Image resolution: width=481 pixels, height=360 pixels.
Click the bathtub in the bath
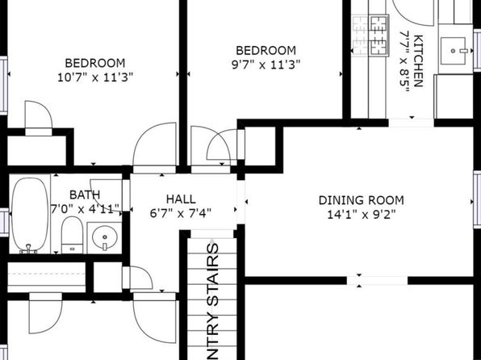[x=30, y=214]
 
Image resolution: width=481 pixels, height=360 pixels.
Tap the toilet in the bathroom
[x=72, y=235]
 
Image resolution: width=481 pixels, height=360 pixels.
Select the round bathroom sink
[x=105, y=238]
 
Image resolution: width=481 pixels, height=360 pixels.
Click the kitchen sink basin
[x=453, y=51]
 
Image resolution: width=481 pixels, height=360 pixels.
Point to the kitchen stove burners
[x=370, y=36]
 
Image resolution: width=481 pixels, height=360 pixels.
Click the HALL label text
[x=181, y=199]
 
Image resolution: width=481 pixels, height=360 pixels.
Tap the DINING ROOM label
[x=361, y=200]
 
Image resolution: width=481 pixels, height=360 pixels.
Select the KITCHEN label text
[x=418, y=61]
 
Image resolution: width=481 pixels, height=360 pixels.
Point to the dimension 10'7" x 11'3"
[x=95, y=77]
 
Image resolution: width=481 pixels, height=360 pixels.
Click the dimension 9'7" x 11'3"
[x=266, y=65]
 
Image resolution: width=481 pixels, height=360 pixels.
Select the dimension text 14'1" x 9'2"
[x=362, y=215]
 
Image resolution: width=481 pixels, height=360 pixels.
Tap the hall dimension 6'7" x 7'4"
[x=181, y=213]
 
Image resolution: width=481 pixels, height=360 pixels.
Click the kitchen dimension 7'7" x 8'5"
[x=404, y=61]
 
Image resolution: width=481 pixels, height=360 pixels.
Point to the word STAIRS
[x=213, y=274]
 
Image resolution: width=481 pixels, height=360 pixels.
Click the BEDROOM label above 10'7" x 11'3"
[x=95, y=63]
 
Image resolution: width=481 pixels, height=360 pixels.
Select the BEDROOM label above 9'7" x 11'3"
[x=266, y=50]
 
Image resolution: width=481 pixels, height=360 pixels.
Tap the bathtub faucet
[x=28, y=249]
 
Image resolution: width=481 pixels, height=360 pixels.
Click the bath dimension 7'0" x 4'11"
[x=85, y=209]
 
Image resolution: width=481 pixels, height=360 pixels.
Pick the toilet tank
[x=72, y=249]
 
